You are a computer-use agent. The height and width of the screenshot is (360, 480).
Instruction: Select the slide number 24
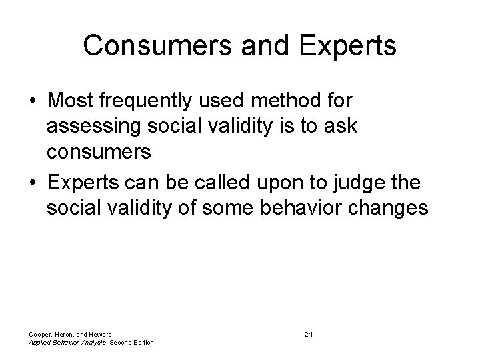point(308,333)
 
